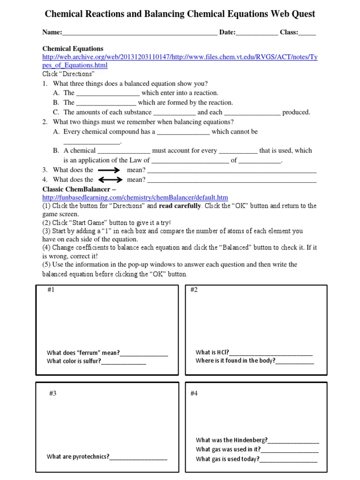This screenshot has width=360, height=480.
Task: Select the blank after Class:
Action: point(307,33)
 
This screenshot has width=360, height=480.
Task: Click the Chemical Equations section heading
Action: point(73,49)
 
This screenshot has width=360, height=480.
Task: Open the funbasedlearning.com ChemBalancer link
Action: point(135,197)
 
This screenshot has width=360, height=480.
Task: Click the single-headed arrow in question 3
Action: point(110,170)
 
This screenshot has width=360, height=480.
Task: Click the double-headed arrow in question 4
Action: point(110,180)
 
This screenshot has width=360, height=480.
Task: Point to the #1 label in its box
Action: point(51,290)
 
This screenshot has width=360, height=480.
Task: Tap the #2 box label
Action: point(194,290)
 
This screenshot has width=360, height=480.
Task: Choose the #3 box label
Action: point(53,393)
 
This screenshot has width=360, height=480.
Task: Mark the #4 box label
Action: point(194,393)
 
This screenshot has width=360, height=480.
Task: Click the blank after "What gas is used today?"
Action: point(288,459)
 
